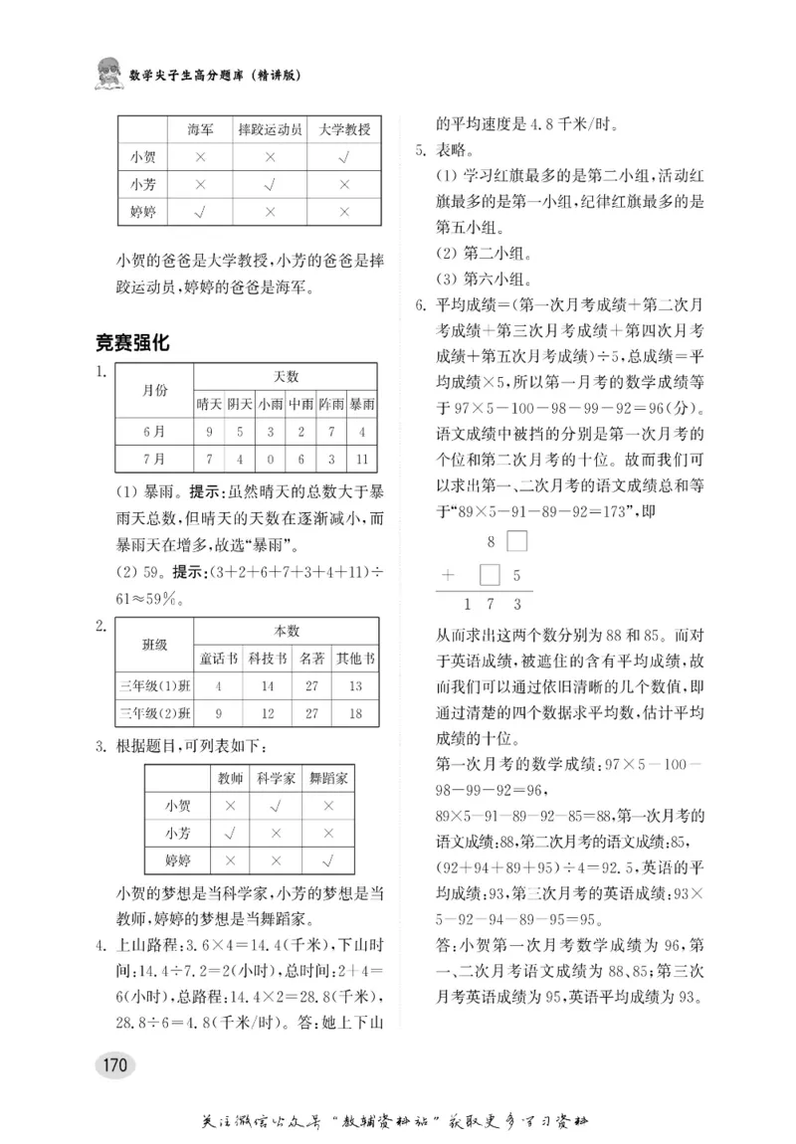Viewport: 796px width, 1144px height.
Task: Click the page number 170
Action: click(113, 1064)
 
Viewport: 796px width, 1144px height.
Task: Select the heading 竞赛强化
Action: click(131, 343)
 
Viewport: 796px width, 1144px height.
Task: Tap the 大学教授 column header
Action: click(344, 130)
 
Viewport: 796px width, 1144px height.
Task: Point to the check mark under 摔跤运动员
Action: click(270, 184)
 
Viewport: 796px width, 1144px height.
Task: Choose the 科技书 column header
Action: click(268, 658)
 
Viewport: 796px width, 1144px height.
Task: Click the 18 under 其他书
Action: click(355, 712)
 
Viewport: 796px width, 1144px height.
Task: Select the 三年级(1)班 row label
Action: click(154, 685)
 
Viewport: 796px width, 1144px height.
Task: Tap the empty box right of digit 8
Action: click(517, 542)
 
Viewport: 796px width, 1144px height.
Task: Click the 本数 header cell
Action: click(287, 630)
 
